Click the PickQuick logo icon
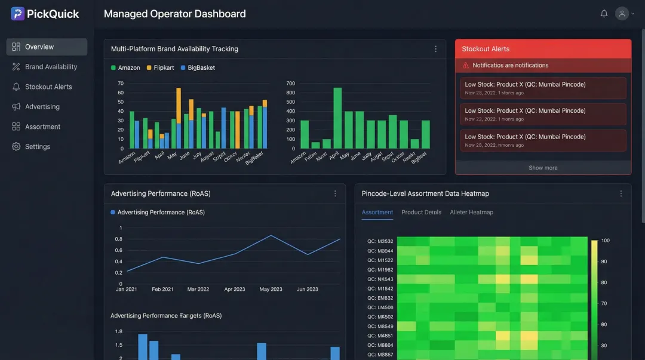click(17, 14)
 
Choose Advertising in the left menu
click(42, 107)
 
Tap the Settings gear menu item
click(37, 147)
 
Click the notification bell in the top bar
click(604, 14)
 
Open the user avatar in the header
click(622, 14)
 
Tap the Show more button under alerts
click(543, 168)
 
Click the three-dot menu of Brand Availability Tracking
click(435, 49)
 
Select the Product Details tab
click(421, 213)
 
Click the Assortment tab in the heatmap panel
click(377, 213)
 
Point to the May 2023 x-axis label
click(271, 290)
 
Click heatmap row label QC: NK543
click(380, 279)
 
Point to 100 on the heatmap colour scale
click(605, 241)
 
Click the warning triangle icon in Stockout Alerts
click(466, 66)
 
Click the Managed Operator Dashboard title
click(174, 14)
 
